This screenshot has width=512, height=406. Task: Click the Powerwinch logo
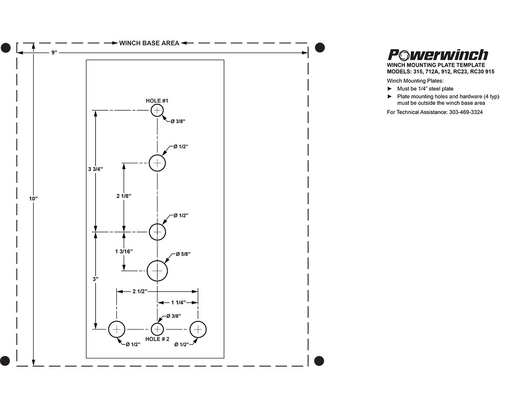pyautogui.click(x=438, y=55)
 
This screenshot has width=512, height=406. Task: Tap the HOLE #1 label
pyautogui.click(x=157, y=101)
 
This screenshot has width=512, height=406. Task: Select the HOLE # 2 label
pyautogui.click(x=157, y=339)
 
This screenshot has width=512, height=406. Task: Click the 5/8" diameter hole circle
pyautogui.click(x=157, y=271)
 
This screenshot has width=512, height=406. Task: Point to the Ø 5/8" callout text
pyautogui.click(x=183, y=254)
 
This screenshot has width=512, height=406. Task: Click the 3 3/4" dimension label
pyautogui.click(x=96, y=169)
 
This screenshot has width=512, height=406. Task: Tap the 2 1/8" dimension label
pyautogui.click(x=124, y=196)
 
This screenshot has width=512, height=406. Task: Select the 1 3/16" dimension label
pyautogui.click(x=124, y=251)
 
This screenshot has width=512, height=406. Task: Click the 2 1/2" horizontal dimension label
pyautogui.click(x=140, y=291)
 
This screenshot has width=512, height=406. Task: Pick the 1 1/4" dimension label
pyautogui.click(x=178, y=303)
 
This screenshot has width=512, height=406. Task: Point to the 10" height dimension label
pyautogui.click(x=34, y=199)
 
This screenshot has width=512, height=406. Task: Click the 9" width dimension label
pyautogui.click(x=54, y=52)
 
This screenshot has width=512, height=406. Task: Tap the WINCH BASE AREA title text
pyautogui.click(x=149, y=43)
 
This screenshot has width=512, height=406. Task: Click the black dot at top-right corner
pyautogui.click(x=320, y=47)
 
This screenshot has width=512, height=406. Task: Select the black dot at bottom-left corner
pyautogui.click(x=5, y=360)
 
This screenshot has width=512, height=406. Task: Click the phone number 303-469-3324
pyautogui.click(x=466, y=112)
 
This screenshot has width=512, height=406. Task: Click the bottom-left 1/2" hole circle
pyautogui.click(x=116, y=330)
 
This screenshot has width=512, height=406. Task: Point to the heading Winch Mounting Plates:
pyautogui.click(x=415, y=81)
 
